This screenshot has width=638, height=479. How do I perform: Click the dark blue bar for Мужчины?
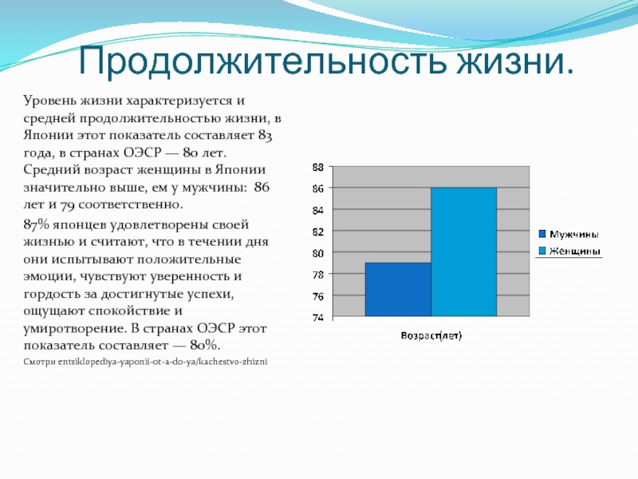pos(398,289)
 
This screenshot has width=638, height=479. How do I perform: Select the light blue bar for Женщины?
pos(464,251)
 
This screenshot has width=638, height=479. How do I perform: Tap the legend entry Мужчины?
pos(569,234)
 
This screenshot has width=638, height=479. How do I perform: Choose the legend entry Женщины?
pos(569,251)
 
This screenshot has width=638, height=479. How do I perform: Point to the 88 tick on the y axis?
pos(318,167)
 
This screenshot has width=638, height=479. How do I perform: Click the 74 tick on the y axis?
pos(318,318)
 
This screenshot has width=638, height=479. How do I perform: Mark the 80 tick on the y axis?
pos(318,253)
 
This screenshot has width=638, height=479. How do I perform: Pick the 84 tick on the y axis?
pos(318,210)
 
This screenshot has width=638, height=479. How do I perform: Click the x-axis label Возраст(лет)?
pos(431,335)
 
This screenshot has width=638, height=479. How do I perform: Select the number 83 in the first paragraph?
pos(265,136)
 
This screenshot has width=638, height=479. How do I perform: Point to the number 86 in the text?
pos(262,187)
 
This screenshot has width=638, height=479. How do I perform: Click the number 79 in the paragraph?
pos(67,205)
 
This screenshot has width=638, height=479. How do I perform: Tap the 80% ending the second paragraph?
pos(205,346)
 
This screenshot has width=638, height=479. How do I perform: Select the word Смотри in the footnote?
pos(39,362)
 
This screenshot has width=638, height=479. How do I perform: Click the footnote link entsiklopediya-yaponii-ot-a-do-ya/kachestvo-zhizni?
pos(163,362)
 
